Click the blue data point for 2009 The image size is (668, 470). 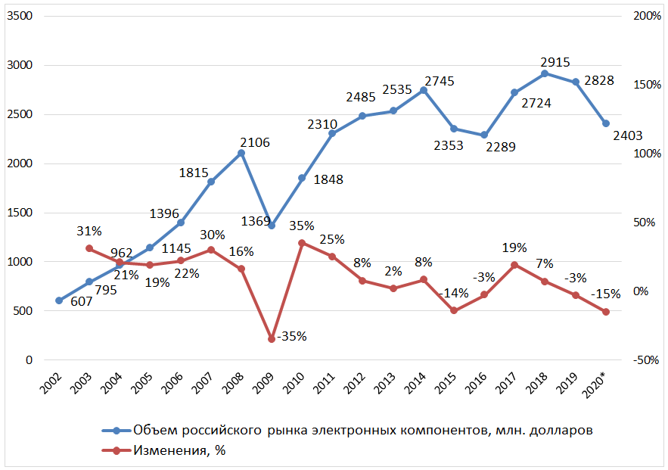[x=272, y=226]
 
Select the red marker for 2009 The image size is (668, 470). [x=272, y=339]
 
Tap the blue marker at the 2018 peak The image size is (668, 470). [x=545, y=73]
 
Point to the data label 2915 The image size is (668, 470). [x=555, y=62]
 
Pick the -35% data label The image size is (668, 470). [x=291, y=337]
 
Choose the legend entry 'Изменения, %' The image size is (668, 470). [x=180, y=451]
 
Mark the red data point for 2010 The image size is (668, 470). [x=302, y=243]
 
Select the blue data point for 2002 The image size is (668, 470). [x=59, y=300]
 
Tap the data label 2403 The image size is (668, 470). [x=627, y=135]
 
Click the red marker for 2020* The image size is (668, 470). [x=606, y=312]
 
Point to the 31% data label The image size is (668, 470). [x=89, y=231]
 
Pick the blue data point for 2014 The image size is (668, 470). [x=424, y=90]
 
